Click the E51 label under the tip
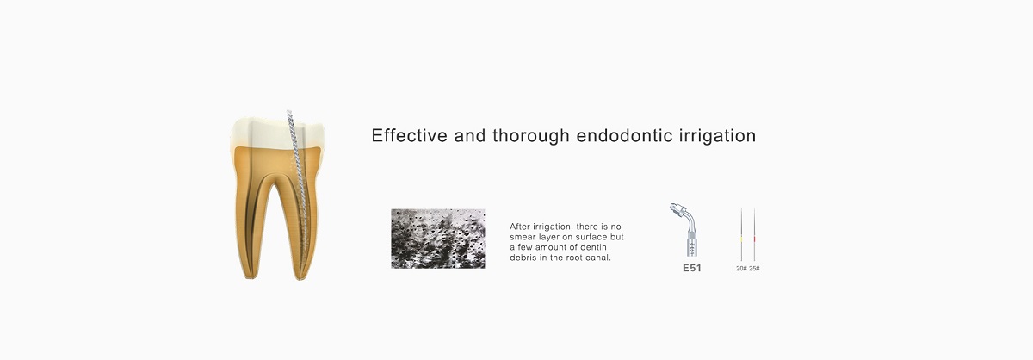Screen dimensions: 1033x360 692,268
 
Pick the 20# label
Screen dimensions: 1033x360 741,269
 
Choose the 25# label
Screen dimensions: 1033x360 754,269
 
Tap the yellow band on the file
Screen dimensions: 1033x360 741,240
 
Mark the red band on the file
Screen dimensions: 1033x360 754,240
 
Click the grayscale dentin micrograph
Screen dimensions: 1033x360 438,239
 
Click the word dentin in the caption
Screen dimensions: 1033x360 595,247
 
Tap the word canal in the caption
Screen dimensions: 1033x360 599,258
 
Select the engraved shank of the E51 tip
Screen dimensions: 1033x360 691,245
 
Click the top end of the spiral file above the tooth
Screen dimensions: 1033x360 288,111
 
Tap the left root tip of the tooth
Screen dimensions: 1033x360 251,277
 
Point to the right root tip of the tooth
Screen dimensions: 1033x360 300,278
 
